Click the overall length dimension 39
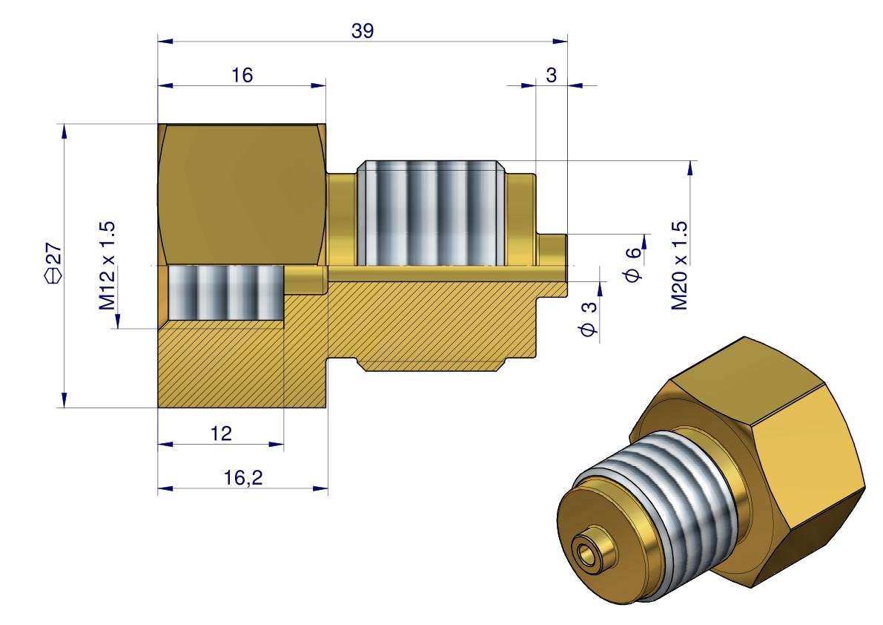pos(363,30)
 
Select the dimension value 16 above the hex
pos(242,74)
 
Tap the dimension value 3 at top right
pos(551,74)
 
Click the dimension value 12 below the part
pos(221,433)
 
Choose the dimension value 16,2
pos(243,478)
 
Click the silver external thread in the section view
pos(430,213)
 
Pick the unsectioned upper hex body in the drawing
pos(241,193)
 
